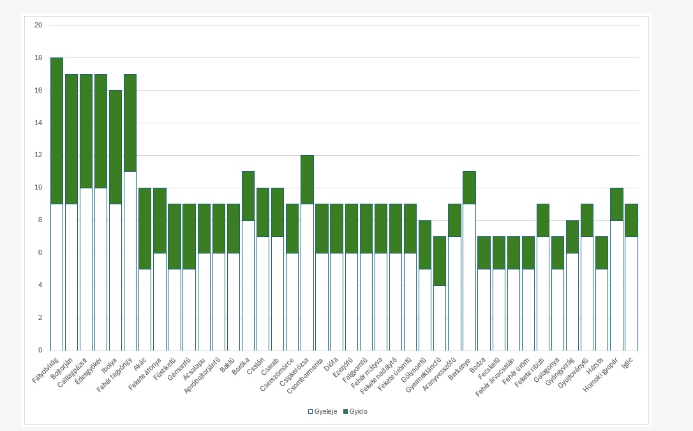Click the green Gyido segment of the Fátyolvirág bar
tap(57, 131)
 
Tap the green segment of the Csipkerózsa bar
tap(307, 179)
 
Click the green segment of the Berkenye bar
tap(469, 188)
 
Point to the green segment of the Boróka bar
tap(248, 196)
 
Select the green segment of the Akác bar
tap(145, 229)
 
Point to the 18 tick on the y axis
tap(38, 58)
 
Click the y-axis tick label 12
tap(38, 155)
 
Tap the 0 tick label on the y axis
tap(40, 351)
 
